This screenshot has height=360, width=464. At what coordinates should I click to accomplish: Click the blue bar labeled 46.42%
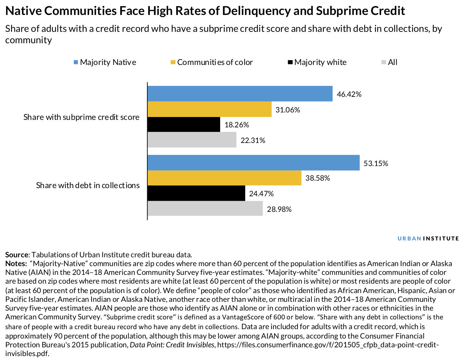(240, 94)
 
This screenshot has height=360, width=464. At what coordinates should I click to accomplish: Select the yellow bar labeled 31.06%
(209, 109)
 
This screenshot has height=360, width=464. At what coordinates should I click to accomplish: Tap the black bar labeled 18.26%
(184, 124)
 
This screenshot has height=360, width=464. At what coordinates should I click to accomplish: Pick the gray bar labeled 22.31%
(192, 140)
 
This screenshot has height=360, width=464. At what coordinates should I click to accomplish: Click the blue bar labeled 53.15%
(253, 162)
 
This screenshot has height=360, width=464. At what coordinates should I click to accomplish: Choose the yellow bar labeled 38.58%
(224, 178)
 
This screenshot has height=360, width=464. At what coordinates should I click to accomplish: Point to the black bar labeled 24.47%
(196, 193)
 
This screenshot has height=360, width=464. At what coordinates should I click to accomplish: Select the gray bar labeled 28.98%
(205, 208)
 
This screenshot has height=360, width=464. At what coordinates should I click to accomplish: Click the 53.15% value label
(376, 163)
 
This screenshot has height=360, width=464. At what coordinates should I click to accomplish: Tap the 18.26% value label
(236, 125)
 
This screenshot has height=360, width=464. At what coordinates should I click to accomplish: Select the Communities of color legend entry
(211, 62)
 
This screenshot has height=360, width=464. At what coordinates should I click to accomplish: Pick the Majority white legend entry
(317, 62)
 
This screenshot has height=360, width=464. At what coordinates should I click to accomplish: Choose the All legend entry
(390, 62)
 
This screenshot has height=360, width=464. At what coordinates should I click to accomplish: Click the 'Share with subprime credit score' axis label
(81, 117)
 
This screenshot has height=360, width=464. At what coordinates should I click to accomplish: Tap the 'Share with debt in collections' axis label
(88, 185)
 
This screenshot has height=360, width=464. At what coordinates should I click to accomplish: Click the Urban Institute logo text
(428, 238)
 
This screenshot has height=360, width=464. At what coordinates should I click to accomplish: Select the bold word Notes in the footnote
(16, 264)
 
